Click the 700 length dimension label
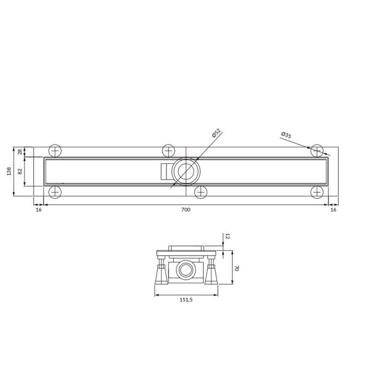pos(186,210)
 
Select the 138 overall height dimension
pos(9,171)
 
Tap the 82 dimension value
pos(20,171)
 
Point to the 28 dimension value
pos(20,151)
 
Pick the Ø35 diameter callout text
pos(286,135)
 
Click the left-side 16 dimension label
pos(38,210)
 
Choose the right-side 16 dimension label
pos(333,210)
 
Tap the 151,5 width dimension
pos(186,300)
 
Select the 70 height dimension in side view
pos(236,268)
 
